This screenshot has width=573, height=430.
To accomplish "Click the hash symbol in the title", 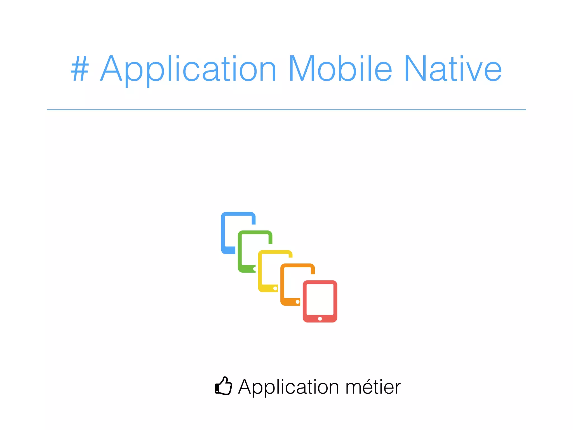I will click(x=80, y=69).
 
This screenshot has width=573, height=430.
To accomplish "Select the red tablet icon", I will click(x=320, y=301).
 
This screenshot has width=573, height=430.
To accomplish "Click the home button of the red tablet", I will click(x=320, y=319).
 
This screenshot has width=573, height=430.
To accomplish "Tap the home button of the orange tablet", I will click(x=297, y=302).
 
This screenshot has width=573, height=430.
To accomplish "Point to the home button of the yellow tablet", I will click(x=275, y=288).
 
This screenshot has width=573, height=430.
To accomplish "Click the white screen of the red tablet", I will click(x=320, y=299).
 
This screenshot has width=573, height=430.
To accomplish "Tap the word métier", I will click(x=373, y=387).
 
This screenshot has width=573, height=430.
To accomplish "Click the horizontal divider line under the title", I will click(x=286, y=110).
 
